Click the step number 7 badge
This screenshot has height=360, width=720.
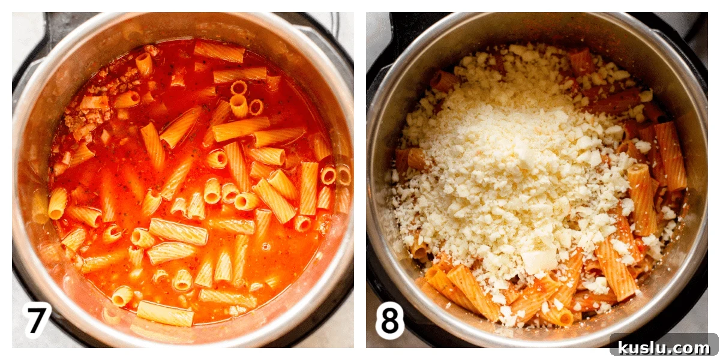[37, 319]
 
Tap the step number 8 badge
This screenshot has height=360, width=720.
[389, 320]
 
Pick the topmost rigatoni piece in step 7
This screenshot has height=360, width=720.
[219, 52]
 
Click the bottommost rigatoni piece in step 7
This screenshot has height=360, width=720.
[165, 313]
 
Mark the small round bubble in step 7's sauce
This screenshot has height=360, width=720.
[266, 247]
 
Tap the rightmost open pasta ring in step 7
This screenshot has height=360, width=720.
[344, 175]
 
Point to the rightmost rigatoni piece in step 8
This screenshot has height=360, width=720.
[671, 156]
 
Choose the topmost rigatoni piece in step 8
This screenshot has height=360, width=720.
[582, 62]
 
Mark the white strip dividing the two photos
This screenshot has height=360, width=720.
[360, 180]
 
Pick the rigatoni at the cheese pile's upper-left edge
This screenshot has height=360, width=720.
[443, 81]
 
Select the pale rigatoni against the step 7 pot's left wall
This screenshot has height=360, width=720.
[40, 206]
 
